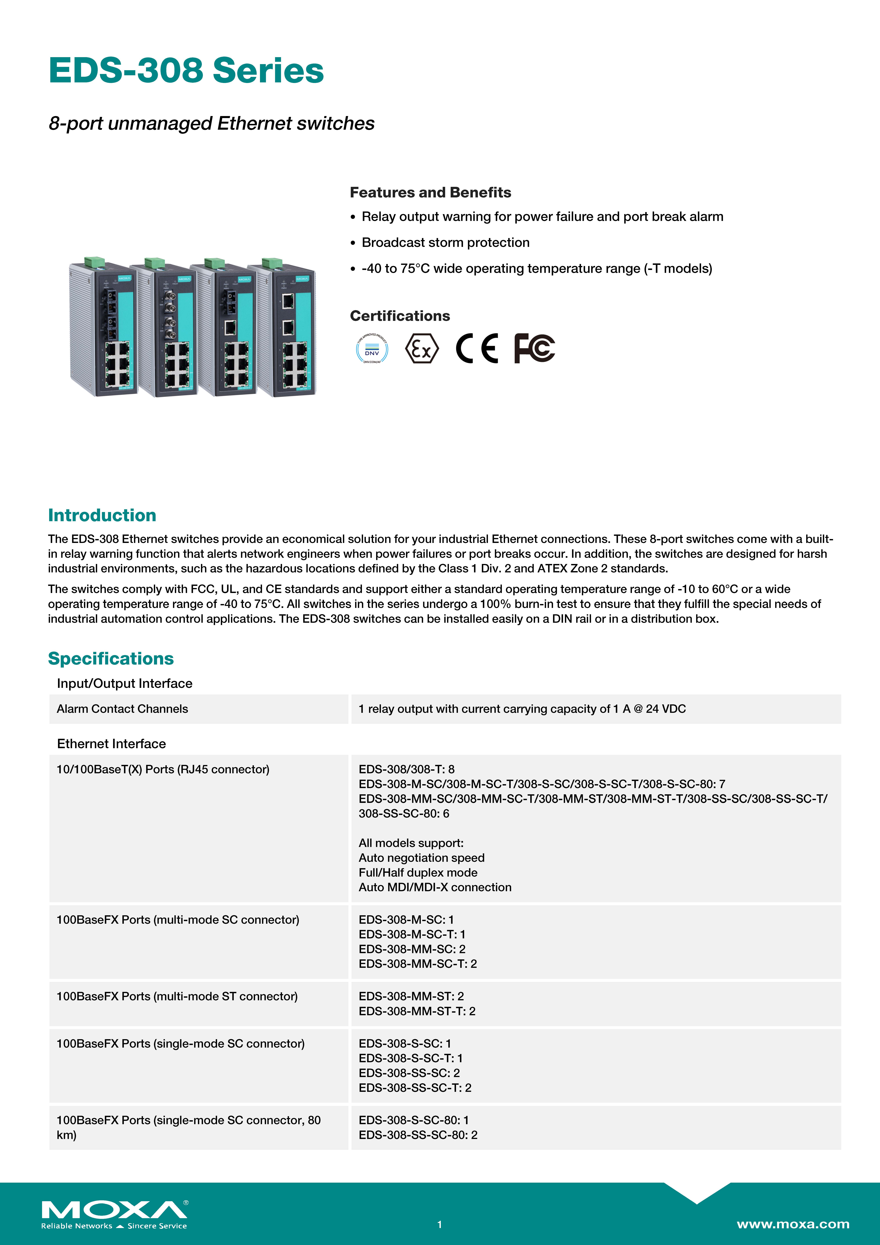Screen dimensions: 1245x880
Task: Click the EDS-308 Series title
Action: [186, 71]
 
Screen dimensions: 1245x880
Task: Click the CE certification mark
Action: [477, 348]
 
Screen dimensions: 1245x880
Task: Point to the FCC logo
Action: [534, 348]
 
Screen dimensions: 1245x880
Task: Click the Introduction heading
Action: [102, 515]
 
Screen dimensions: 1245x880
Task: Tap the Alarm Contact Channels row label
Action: [123, 709]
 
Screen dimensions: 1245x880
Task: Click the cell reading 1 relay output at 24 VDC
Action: [522, 709]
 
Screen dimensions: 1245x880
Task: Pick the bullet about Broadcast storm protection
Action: [445, 242]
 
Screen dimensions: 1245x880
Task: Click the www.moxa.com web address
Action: [793, 1224]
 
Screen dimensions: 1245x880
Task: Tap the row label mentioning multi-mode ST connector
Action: [177, 996]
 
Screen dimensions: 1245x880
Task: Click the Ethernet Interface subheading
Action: [111, 743]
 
